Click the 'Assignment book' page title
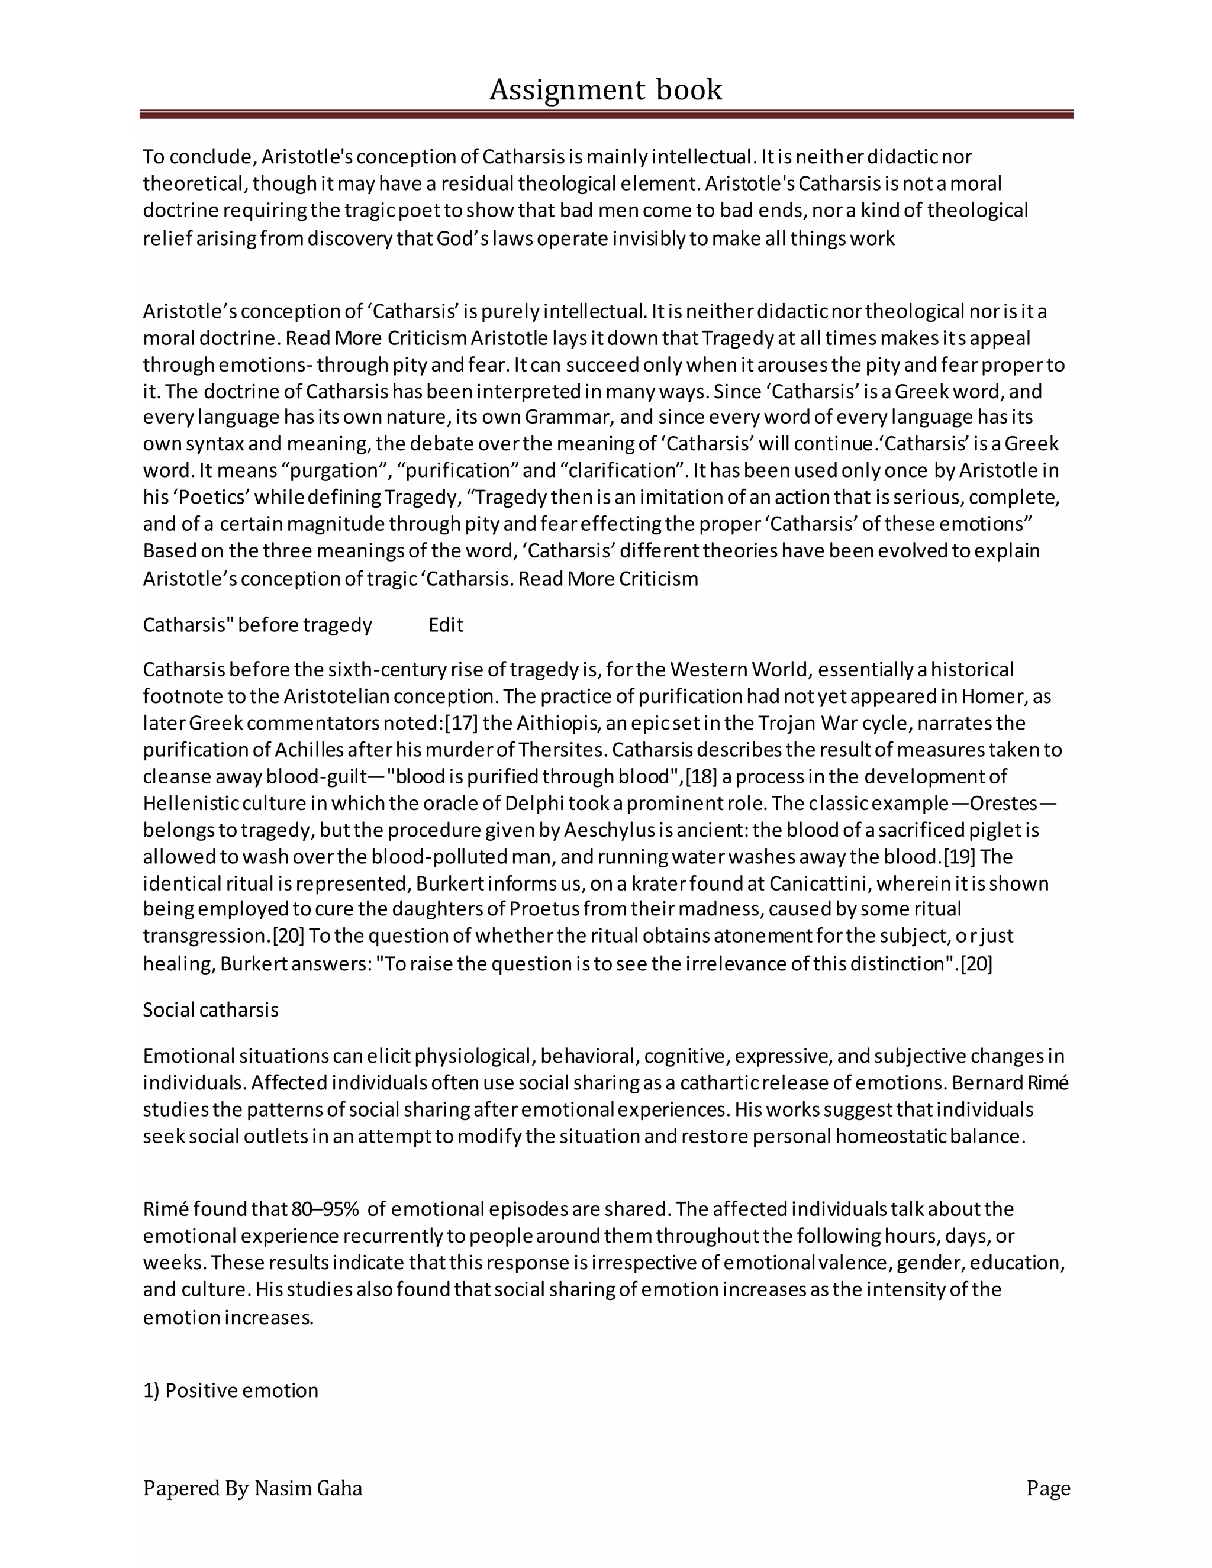605,90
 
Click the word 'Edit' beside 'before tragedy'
446,625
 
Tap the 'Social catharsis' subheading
210,1009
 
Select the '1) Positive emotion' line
230,1390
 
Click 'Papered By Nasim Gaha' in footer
252,1488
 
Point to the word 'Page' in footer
1047,1488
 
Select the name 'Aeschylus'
608,830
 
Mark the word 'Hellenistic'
189,803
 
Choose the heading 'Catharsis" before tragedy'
257,625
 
